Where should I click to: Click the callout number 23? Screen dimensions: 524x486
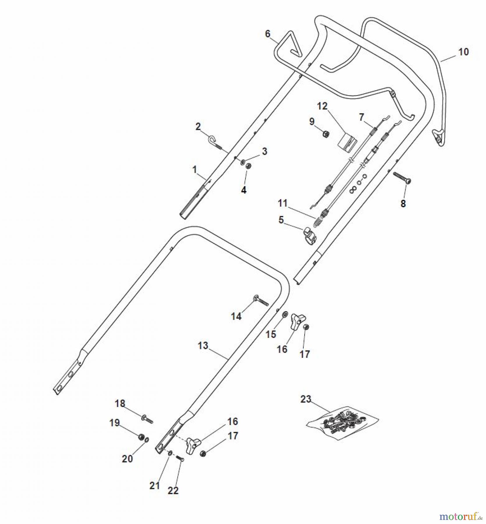[306, 399]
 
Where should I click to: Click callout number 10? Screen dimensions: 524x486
[464, 52]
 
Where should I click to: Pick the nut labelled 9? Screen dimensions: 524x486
[326, 134]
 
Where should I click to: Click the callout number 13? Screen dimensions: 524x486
[203, 346]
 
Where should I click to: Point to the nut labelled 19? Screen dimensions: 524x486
[141, 437]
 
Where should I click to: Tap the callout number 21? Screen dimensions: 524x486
[155, 485]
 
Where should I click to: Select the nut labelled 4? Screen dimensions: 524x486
[248, 166]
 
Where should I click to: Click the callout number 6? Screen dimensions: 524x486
[268, 34]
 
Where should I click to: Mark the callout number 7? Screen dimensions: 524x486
[361, 117]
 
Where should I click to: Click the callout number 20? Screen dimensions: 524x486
[127, 458]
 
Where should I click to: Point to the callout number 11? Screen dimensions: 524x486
[282, 203]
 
